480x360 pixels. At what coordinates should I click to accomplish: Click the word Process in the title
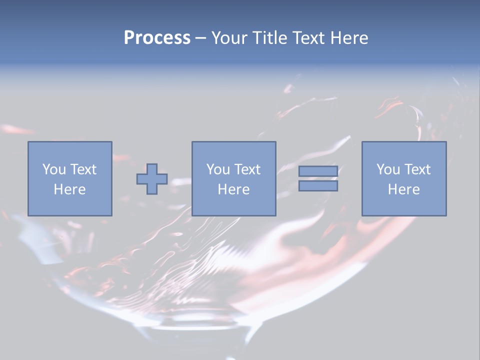click(x=157, y=38)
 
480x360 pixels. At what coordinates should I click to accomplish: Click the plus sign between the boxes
click(x=152, y=179)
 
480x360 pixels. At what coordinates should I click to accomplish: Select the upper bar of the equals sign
click(x=318, y=171)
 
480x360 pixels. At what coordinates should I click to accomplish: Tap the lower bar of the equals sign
click(x=318, y=185)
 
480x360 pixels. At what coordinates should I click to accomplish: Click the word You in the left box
click(x=53, y=169)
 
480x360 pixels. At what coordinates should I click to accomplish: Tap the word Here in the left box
click(x=69, y=189)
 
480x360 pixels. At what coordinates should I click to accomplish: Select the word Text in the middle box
click(x=247, y=169)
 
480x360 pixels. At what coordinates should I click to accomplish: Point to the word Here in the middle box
click(x=233, y=189)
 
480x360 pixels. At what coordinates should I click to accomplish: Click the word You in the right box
click(x=387, y=169)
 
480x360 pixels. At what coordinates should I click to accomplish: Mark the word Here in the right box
click(x=404, y=189)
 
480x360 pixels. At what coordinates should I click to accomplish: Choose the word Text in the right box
click(x=417, y=169)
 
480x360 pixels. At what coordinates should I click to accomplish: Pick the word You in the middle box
click(x=217, y=169)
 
